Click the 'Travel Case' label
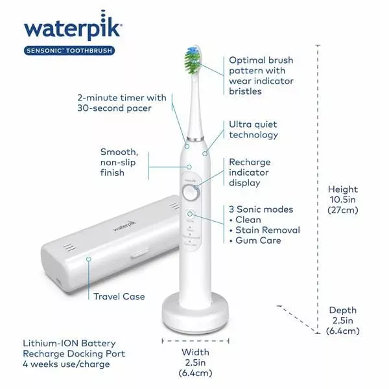[119, 296]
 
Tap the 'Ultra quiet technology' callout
[253, 129]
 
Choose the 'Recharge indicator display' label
[250, 172]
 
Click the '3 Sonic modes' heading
[261, 209]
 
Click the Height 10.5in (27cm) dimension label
[343, 200]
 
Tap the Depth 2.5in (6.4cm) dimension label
[342, 322]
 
